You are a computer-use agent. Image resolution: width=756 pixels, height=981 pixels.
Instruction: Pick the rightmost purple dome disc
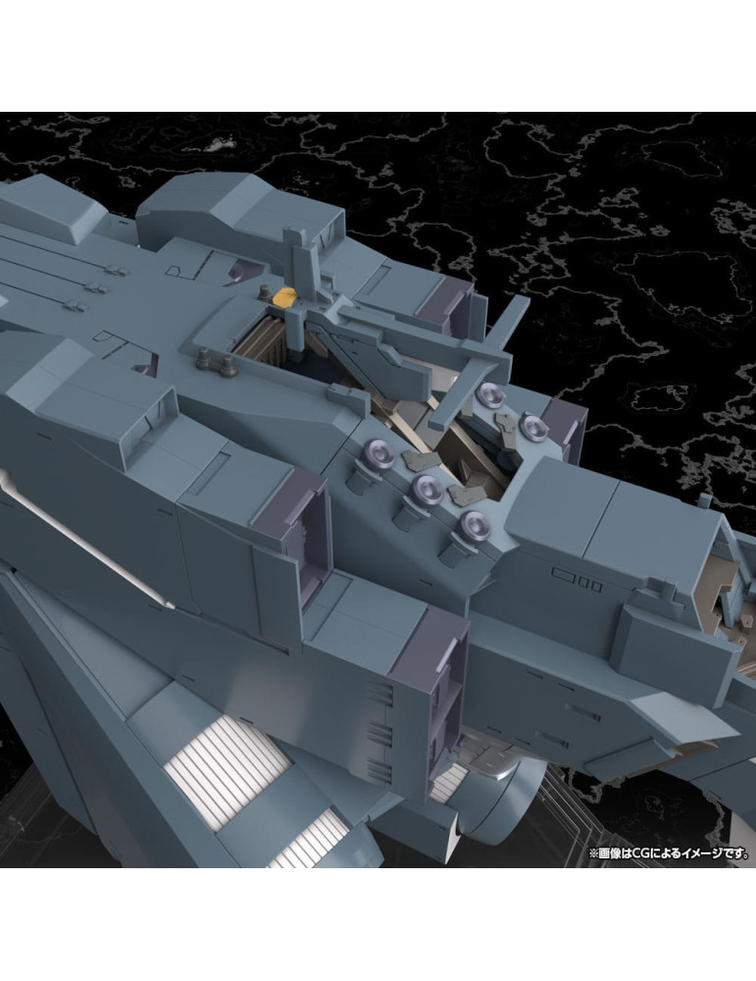point(531,428)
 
